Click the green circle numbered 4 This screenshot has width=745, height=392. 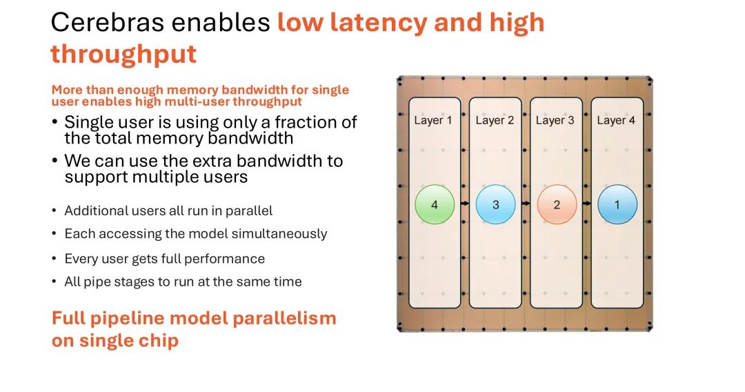pos(434,205)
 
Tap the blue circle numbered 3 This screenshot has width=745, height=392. pos(495,205)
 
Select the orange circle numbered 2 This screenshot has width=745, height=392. pos(557,205)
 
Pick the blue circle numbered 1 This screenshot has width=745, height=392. pos(617,205)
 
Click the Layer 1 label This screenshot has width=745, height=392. pos(433,120)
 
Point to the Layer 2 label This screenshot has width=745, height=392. pos(495,120)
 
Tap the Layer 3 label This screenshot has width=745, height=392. pos(555,120)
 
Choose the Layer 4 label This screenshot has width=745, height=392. pos(616,120)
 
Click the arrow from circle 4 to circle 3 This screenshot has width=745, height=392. pos(465,204)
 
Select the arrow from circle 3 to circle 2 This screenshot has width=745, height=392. pos(526,204)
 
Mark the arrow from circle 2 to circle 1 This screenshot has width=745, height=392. pos(587,204)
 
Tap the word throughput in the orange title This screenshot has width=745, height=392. pos(123,54)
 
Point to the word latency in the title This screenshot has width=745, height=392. pos(372,23)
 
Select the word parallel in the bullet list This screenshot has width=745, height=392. pos(246,210)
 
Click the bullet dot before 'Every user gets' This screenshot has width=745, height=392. pos(54,259)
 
